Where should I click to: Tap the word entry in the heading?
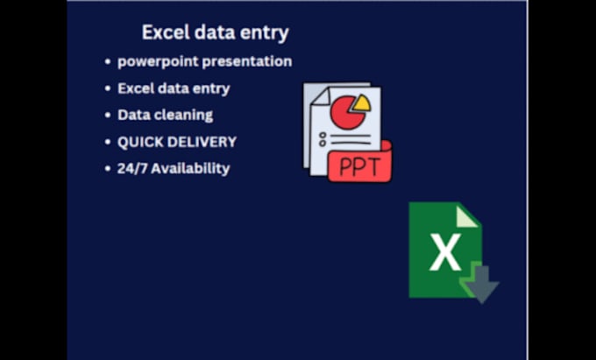click(x=266, y=33)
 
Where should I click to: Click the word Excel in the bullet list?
click(x=136, y=88)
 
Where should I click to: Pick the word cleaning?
click(x=182, y=115)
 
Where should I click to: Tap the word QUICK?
click(x=140, y=141)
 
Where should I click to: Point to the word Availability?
click(x=190, y=168)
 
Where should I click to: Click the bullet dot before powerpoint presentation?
click(x=107, y=62)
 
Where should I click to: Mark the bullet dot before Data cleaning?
click(x=107, y=116)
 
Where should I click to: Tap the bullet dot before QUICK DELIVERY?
click(x=107, y=142)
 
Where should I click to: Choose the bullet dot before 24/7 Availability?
click(x=107, y=169)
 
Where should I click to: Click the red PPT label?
click(x=359, y=166)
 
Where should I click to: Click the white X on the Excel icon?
click(x=445, y=254)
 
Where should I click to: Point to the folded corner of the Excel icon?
click(x=468, y=215)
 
